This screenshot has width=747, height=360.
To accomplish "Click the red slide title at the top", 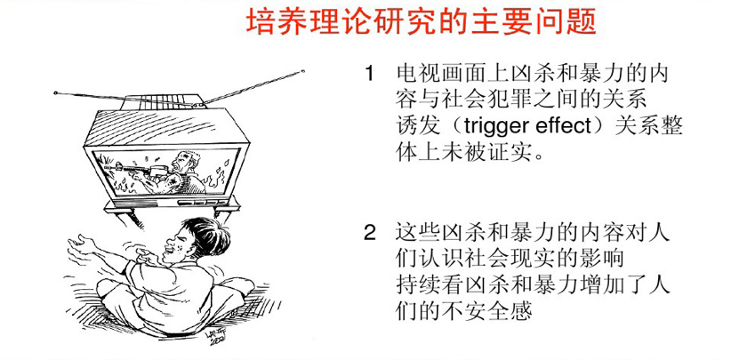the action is [422, 22].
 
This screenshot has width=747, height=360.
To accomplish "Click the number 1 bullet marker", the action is [369, 75].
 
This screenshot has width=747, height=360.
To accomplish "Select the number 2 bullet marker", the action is [370, 233].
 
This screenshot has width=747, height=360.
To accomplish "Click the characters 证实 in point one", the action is [509, 153].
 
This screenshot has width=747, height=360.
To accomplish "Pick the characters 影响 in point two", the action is [605, 260].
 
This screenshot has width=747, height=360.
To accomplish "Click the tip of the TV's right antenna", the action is [302, 72].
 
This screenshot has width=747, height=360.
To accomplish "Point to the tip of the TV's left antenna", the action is [56, 92].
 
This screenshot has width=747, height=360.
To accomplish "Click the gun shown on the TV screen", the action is [129, 169].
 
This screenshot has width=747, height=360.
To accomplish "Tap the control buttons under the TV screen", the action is [203, 202].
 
